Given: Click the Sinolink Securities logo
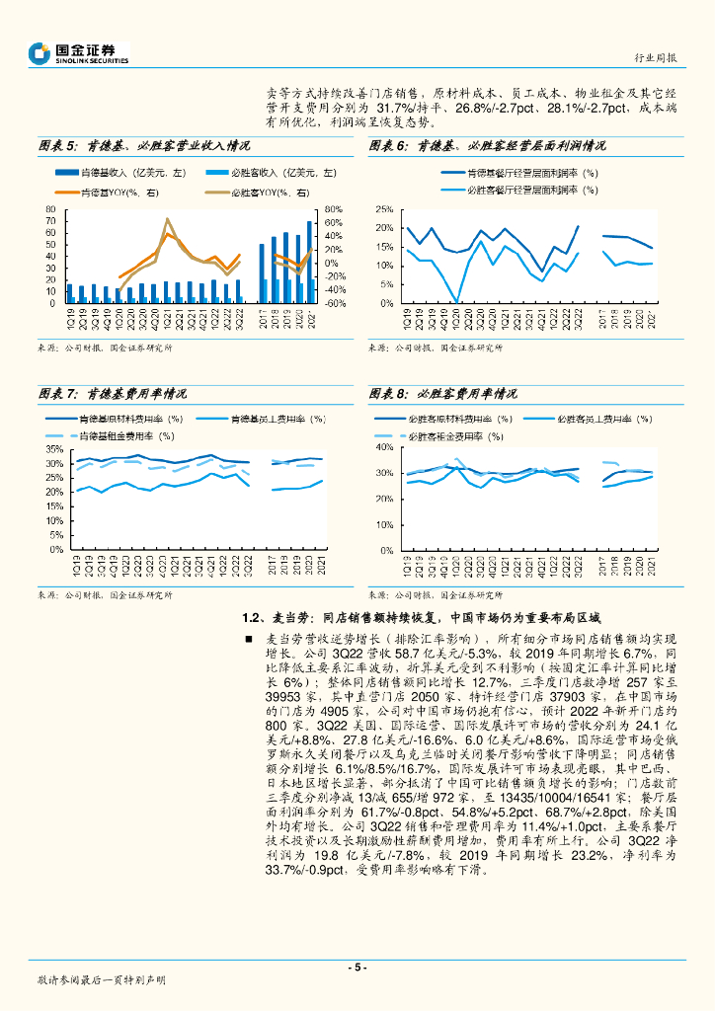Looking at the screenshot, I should [79, 53].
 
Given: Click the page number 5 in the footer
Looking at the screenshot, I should [357, 968].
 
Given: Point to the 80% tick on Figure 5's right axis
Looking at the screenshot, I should [331, 209].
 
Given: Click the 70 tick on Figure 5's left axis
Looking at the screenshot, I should [49, 223].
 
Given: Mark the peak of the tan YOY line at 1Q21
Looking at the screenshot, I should [168, 219].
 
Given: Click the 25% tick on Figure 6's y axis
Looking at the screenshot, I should [384, 209].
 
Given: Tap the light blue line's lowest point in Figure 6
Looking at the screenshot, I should [455, 301].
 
